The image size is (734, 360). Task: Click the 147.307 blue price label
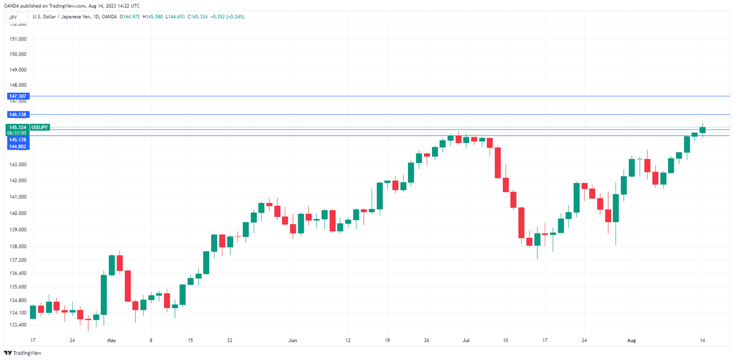(18, 96)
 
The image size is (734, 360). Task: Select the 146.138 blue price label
(18, 114)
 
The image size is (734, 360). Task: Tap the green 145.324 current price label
(18, 127)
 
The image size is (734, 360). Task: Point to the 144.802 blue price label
(18, 147)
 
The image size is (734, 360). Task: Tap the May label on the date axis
(111, 340)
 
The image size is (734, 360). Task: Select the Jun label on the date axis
(293, 340)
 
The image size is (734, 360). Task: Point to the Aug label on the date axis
(631, 340)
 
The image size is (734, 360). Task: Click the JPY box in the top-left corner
(14, 17)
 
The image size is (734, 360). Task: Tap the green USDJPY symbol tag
(40, 127)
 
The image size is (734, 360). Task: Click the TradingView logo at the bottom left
(23, 353)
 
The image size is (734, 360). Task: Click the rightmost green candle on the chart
(703, 129)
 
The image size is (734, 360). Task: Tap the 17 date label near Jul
(545, 340)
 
